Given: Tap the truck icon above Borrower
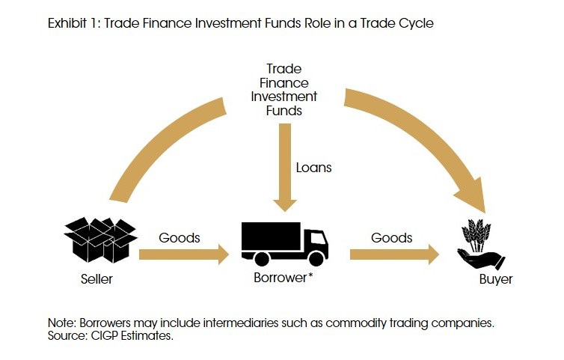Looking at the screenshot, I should point(284,242).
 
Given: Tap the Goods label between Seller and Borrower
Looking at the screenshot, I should point(180,238).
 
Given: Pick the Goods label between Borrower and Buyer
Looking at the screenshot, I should point(391,238).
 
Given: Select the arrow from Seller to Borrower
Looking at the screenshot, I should point(183,255).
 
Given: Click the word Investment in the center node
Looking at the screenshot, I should point(284,97).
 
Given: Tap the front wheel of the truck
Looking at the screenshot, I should point(317,259).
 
